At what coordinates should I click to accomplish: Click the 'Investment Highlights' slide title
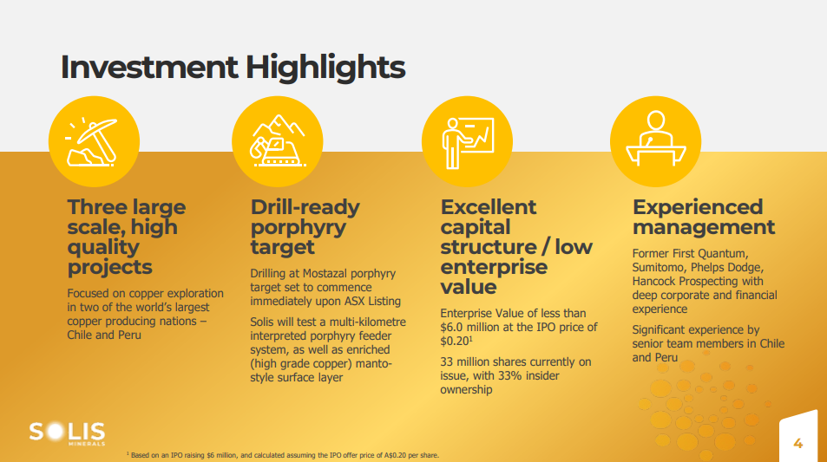coord(233,68)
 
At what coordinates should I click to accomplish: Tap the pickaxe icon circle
coord(94,141)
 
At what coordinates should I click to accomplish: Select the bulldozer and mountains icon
coord(278,141)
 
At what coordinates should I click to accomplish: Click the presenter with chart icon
coord(467,141)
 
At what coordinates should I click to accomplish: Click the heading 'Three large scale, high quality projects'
coord(127,237)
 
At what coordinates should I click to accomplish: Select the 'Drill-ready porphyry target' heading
coord(305,227)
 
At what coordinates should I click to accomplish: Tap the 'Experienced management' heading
coord(704,217)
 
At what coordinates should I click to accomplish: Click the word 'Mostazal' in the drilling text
coord(325,273)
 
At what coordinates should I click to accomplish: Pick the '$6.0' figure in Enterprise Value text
coord(451,327)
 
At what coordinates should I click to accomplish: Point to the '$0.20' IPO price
coord(454,342)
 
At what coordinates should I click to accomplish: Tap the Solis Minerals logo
coord(67,433)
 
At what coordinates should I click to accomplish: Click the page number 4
coord(798,444)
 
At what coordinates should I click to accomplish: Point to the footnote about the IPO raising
coord(283,455)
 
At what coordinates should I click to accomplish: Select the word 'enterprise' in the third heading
coord(494,267)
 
